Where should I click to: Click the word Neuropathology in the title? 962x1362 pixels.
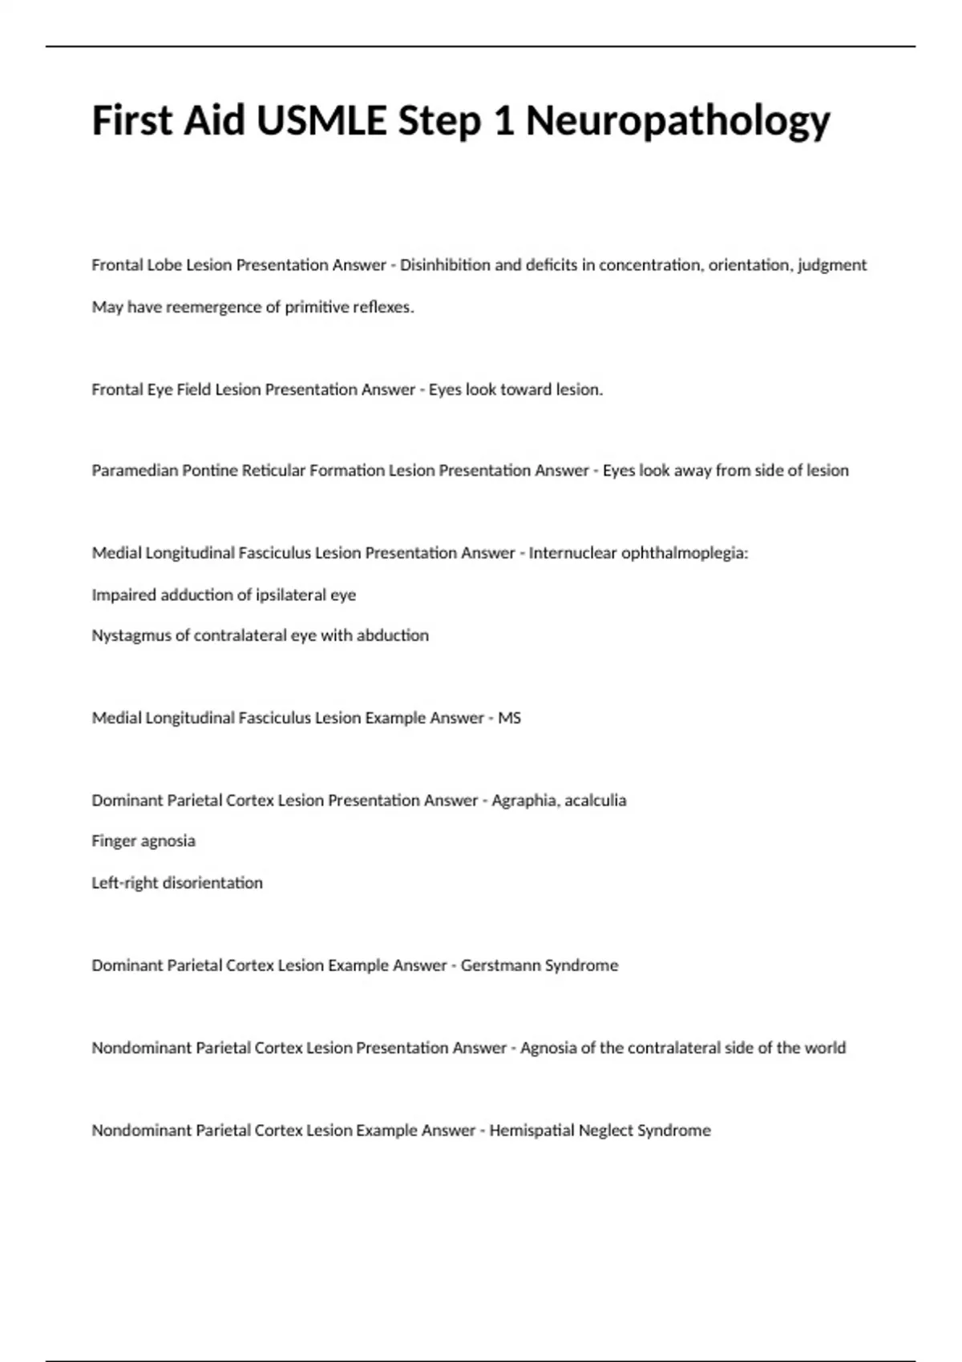[x=677, y=122]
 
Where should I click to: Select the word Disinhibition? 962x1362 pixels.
[x=445, y=265]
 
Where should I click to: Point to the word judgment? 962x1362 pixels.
[x=832, y=265]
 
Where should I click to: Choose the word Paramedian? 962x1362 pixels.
[x=135, y=470]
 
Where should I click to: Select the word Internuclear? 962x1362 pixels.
[x=572, y=553]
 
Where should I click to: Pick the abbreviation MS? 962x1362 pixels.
[x=510, y=718]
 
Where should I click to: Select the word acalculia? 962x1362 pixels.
[x=596, y=800]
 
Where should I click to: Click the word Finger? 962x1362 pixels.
[x=115, y=841]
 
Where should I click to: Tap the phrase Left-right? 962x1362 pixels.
[x=124, y=883]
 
